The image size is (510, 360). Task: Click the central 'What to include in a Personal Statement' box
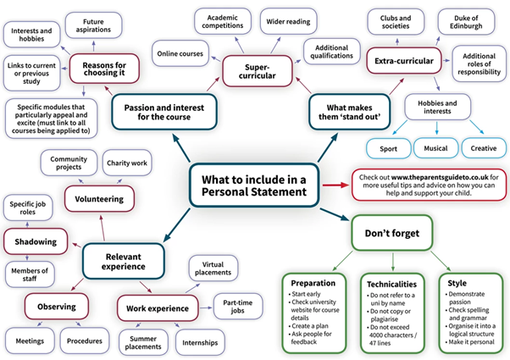pos(254,186)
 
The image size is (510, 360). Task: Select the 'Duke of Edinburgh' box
pos(466,22)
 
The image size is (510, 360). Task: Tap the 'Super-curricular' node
pos(258,71)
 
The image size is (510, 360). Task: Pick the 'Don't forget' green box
pos(392,233)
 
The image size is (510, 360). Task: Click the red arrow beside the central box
pos(335,185)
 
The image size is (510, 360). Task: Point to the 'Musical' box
pos(435,148)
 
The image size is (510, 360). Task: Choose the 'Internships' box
pos(200,342)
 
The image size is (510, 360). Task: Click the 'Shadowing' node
pos(36,241)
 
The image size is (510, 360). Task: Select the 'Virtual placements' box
pos(213,269)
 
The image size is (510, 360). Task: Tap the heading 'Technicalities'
pos(391,285)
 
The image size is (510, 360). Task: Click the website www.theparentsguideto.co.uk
pos(440,177)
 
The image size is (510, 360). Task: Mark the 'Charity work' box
pos(127,163)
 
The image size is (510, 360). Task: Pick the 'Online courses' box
pos(180,53)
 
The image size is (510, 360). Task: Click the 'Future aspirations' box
pos(93,25)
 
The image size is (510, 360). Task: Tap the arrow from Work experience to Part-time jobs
pos(206,307)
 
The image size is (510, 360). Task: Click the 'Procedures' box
pos(85,341)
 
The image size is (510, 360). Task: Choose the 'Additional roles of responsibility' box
pos(480,64)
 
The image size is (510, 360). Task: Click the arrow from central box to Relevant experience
pos(176,225)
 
